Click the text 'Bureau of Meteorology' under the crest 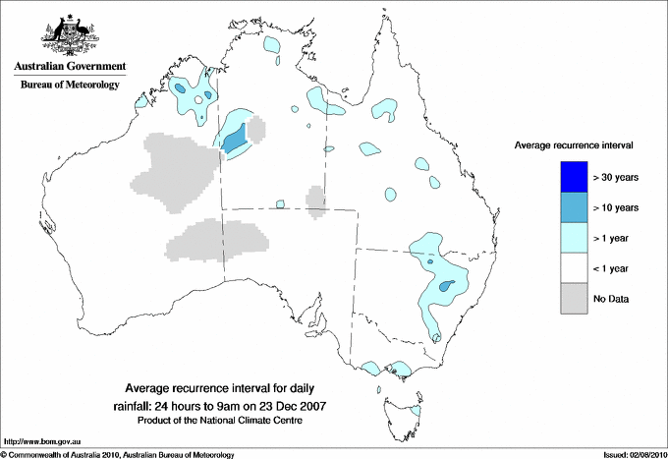[x=70, y=86]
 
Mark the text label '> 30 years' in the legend [x=616, y=178]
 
